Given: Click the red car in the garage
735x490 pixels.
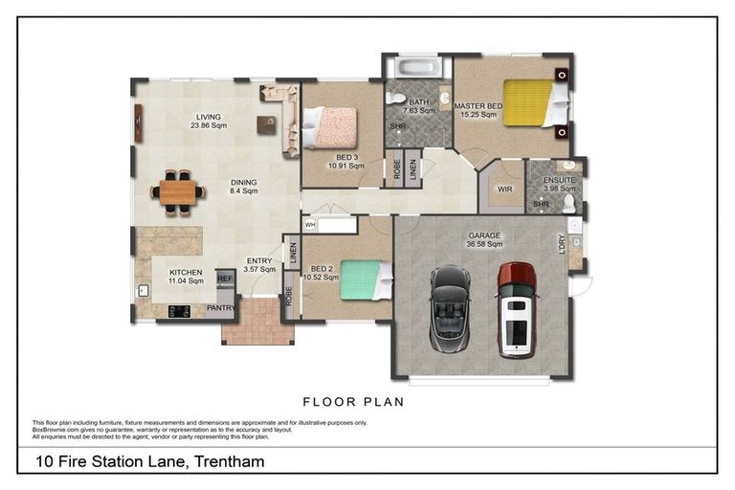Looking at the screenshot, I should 516,309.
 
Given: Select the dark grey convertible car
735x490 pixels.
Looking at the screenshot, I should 450,303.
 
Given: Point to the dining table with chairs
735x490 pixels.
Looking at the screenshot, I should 178,191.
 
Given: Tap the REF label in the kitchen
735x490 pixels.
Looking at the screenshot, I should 225,278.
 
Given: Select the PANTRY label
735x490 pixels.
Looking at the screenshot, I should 221,308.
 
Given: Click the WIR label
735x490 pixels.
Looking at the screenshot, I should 504,189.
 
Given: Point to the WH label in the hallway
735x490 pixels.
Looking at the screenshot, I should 310,225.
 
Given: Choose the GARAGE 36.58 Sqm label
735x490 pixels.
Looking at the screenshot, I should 483,241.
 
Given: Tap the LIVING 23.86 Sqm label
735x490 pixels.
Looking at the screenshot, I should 208,122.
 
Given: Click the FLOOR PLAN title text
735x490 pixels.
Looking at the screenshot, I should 353,402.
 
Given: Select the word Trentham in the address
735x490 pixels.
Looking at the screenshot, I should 228,462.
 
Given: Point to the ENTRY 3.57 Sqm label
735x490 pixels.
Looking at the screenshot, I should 259,265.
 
